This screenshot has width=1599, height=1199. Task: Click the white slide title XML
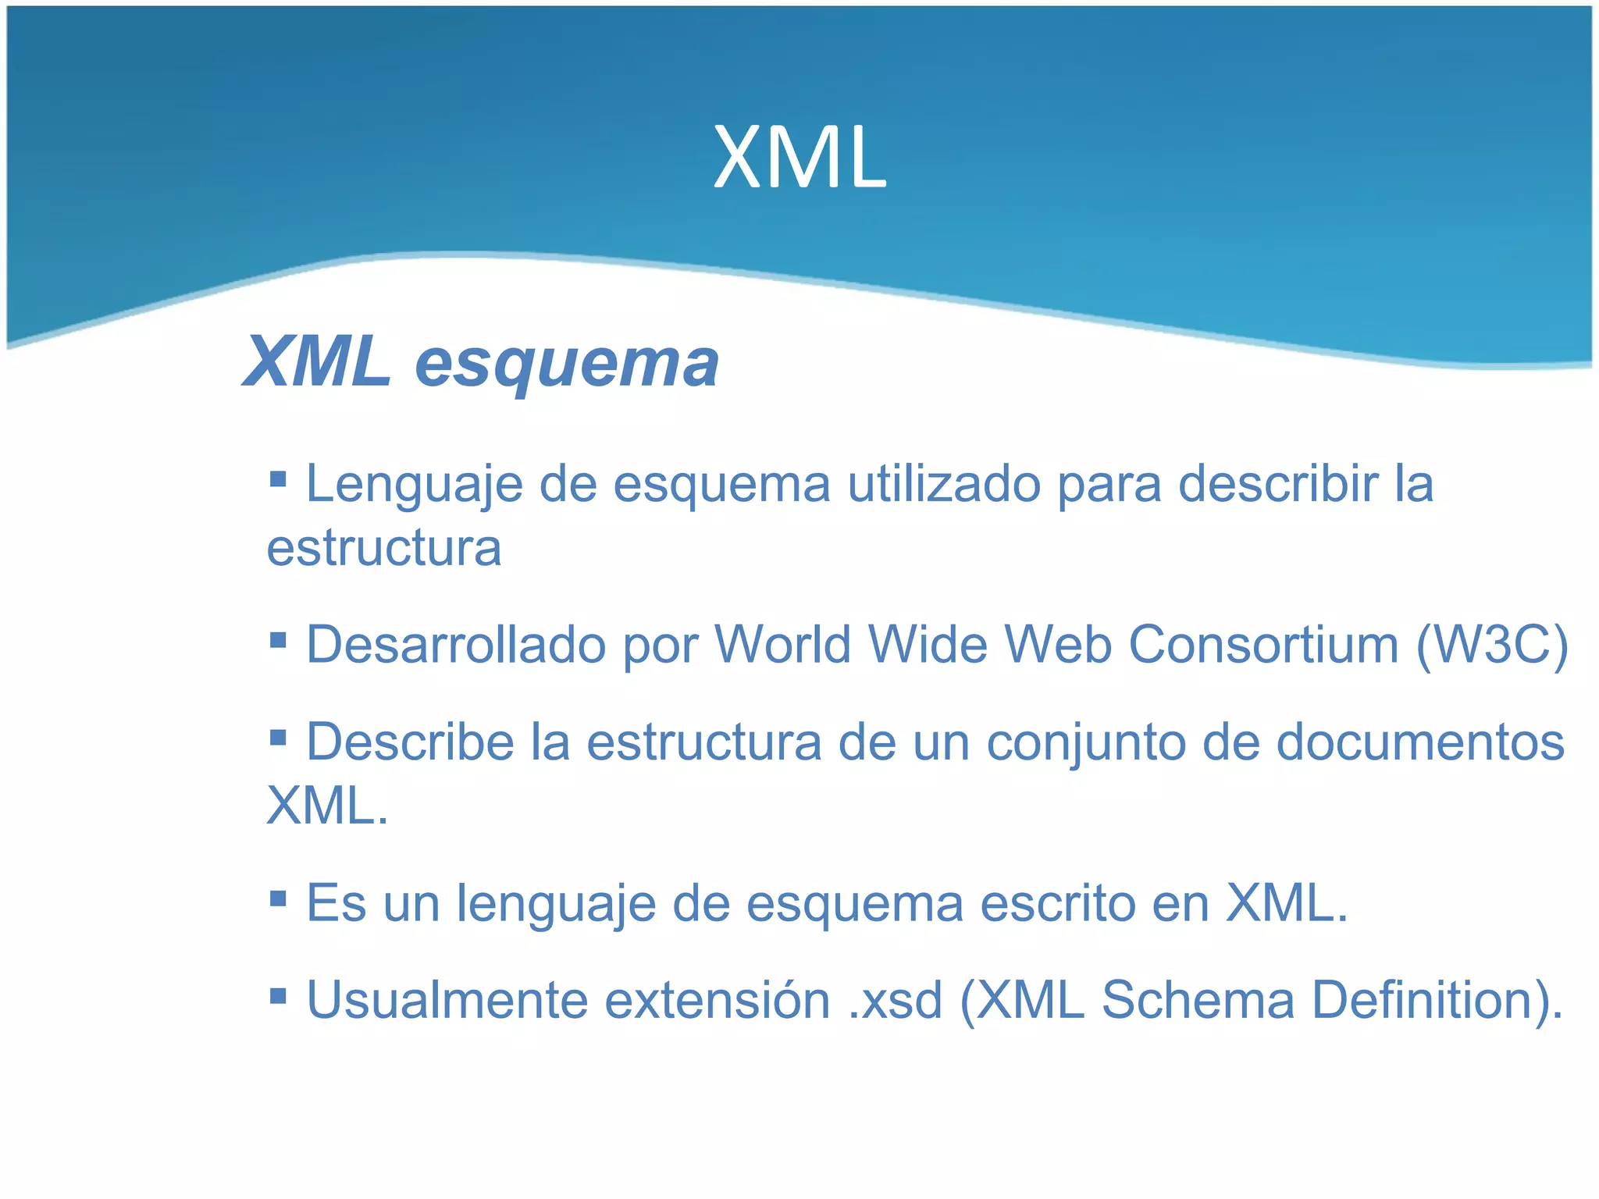(x=799, y=158)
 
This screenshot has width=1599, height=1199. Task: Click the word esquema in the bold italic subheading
(x=567, y=363)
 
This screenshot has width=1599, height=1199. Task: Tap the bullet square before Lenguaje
(x=278, y=478)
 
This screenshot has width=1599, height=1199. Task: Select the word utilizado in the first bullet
(x=943, y=485)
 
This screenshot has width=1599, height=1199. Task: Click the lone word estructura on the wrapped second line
(x=383, y=548)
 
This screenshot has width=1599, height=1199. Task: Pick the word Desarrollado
(x=456, y=646)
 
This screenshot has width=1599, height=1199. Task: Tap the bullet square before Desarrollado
(x=278, y=640)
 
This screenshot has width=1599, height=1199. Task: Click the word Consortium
(x=1263, y=646)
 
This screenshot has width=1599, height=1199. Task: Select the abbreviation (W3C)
(x=1492, y=646)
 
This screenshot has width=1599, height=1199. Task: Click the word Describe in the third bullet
(x=410, y=742)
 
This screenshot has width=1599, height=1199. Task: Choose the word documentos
(x=1420, y=742)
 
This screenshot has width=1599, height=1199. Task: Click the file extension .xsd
(x=896, y=1000)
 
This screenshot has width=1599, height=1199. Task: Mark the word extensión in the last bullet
(x=718, y=1000)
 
